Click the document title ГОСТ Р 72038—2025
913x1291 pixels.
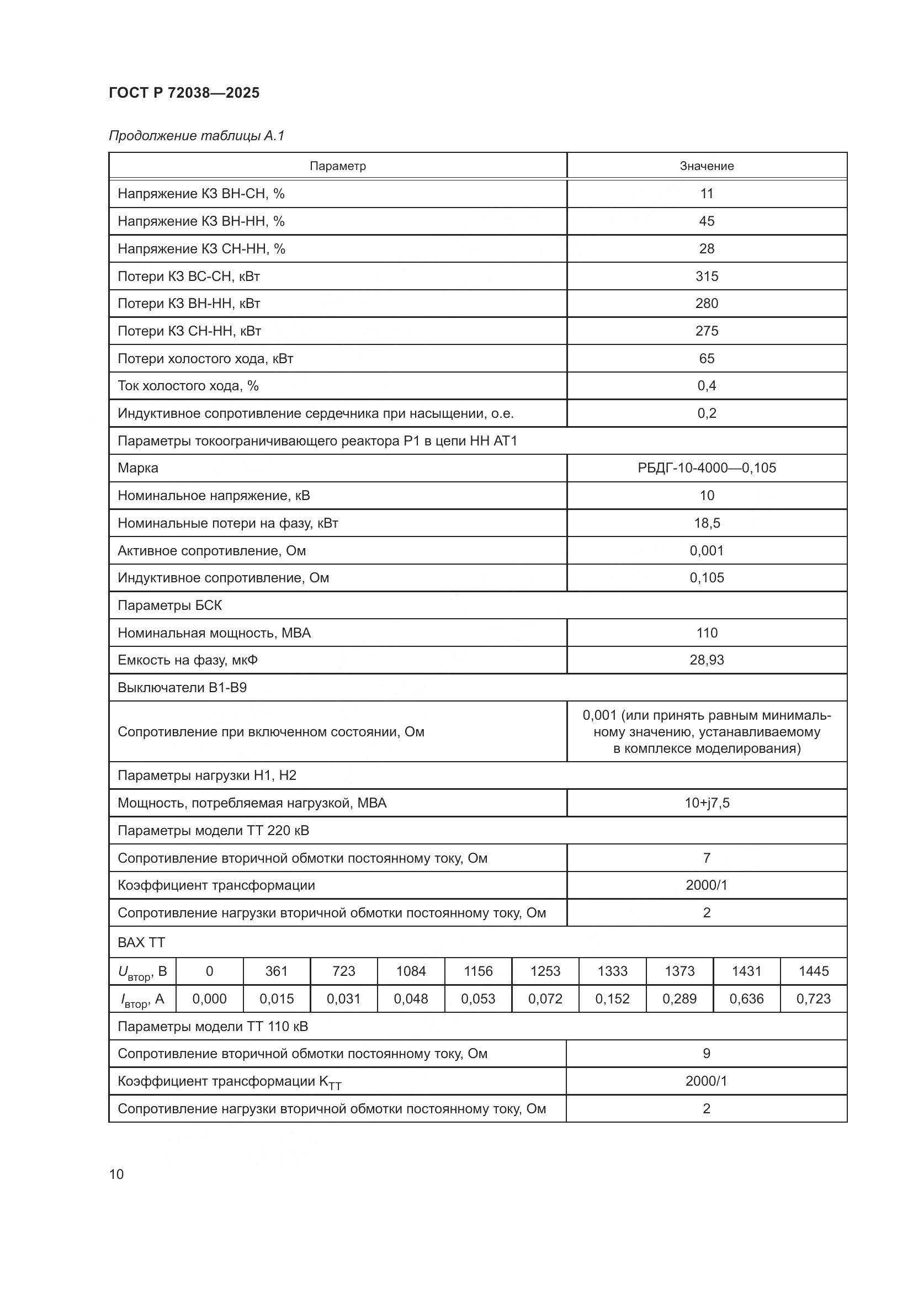point(184,93)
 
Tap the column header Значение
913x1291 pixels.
point(707,166)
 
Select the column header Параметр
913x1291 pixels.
point(337,166)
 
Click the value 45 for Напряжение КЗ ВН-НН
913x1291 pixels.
point(707,221)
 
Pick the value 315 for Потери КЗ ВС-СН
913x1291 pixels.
point(707,276)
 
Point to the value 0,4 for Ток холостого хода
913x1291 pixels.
point(707,386)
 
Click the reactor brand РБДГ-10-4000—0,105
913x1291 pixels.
point(707,468)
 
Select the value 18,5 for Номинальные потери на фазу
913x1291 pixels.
point(707,523)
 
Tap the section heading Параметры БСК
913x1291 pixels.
point(170,605)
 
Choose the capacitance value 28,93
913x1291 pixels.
point(707,660)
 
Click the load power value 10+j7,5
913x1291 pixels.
point(707,803)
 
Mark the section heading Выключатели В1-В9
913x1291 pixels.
point(182,687)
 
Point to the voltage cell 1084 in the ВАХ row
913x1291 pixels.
point(411,971)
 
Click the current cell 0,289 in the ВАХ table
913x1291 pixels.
point(680,998)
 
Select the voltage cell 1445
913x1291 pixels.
point(814,971)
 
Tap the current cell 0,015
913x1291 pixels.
point(277,998)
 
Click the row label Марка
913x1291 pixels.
point(138,468)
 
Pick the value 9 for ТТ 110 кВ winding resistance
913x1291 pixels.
point(707,1053)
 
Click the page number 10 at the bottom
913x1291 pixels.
point(116,1174)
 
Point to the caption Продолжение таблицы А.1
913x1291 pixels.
point(197,136)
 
